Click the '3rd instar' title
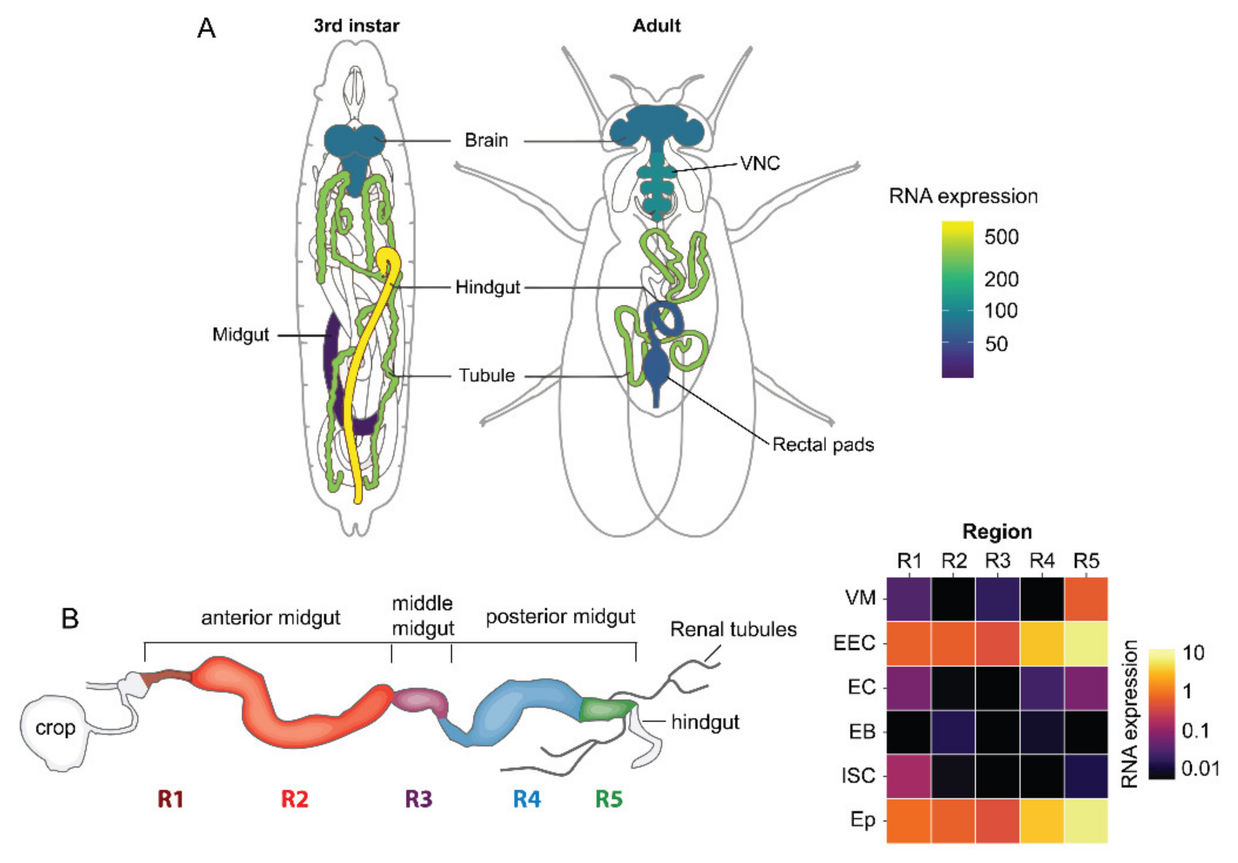point(357,26)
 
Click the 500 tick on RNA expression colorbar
point(1001,237)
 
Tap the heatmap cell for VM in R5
point(1086,599)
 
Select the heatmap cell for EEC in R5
point(1086,643)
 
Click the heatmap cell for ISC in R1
point(909,776)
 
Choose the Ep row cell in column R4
point(1042,820)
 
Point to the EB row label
point(862,732)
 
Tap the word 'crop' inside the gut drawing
point(55,728)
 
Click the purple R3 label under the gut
point(419,799)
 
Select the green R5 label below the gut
point(609,799)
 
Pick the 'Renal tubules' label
point(733,629)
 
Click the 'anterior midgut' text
point(271,618)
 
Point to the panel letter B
point(70,619)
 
